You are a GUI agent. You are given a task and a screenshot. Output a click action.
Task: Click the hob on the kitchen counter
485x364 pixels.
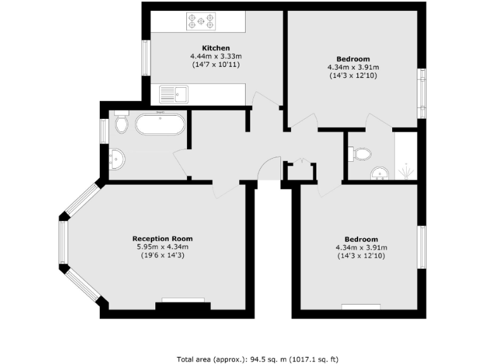click(201, 21)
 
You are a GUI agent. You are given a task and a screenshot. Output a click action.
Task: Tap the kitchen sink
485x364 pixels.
click(174, 95)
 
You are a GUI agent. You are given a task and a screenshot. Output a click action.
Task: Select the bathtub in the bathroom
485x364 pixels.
click(160, 123)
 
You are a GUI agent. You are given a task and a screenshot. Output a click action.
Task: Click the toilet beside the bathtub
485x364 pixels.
click(122, 123)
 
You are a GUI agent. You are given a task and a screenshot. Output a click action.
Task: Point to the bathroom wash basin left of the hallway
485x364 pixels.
click(117, 160)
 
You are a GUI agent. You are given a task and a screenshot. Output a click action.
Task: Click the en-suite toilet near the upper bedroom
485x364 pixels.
click(361, 153)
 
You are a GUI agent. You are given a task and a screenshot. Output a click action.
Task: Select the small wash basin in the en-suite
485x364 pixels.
click(379, 173)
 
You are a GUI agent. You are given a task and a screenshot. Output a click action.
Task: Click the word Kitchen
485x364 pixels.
click(215, 48)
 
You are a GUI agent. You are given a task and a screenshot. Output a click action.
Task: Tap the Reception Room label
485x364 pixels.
click(160, 238)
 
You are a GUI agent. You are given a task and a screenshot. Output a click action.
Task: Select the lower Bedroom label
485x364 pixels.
click(361, 239)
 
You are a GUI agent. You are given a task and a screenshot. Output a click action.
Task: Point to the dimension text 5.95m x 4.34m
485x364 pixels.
click(160, 246)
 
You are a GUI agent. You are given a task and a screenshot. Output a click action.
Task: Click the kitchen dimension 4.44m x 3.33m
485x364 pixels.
click(215, 56)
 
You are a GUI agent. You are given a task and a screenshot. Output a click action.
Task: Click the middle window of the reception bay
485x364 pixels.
click(63, 242)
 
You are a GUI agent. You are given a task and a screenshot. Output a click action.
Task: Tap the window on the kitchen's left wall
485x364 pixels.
click(145, 59)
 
